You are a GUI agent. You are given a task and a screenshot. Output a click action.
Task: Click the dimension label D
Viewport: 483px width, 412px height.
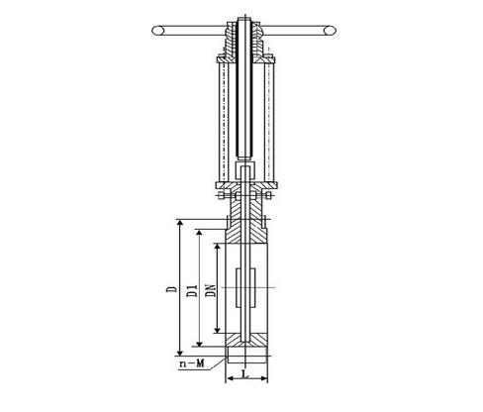point(171,289)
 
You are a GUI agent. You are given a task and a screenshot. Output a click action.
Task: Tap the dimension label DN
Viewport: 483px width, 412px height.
point(211,290)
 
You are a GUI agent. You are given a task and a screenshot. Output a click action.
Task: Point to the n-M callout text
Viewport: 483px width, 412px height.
point(192,363)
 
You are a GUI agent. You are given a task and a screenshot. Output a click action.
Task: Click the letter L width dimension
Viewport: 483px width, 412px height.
point(244,374)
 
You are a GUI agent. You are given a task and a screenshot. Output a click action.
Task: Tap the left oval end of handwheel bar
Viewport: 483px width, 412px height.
point(158,31)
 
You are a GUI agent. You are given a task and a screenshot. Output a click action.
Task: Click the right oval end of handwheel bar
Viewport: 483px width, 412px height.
point(330,31)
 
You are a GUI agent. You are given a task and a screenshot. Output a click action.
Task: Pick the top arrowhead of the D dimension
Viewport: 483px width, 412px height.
point(180,224)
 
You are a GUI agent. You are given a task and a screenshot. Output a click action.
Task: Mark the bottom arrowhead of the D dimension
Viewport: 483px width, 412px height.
point(180,352)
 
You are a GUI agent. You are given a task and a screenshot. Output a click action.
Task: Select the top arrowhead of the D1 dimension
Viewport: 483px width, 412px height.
point(199,234)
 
